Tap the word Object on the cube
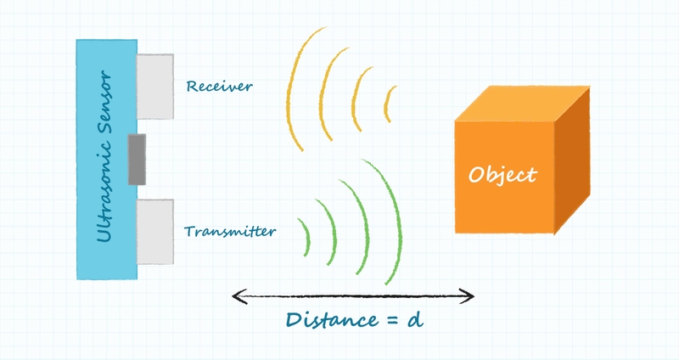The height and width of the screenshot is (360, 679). [502, 175]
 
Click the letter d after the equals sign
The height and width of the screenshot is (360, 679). [414, 319]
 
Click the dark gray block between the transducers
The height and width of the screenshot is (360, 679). [137, 159]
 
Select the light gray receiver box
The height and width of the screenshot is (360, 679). [154, 86]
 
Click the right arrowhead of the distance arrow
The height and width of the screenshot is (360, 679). [468, 295]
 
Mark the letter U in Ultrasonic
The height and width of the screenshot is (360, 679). [104, 233]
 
